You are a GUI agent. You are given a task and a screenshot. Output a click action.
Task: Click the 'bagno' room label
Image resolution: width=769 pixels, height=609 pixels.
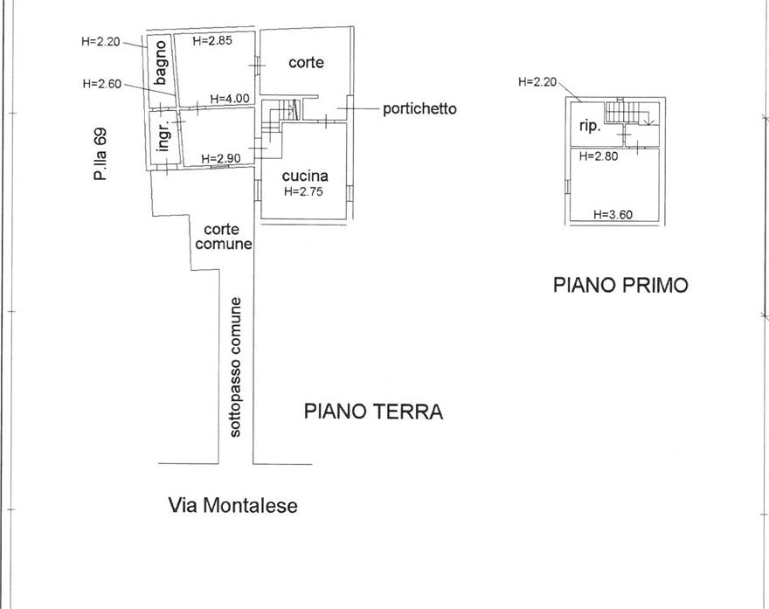[x=161, y=63]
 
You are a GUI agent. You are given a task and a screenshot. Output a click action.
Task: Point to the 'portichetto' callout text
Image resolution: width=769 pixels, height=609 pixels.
[x=419, y=109]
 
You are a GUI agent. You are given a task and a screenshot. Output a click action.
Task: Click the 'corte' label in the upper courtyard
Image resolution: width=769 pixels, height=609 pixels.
[x=306, y=63]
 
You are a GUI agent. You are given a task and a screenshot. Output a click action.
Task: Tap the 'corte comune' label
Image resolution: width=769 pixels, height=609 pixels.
[x=223, y=237]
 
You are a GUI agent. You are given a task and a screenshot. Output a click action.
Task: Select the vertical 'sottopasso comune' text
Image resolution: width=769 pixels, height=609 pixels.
[x=236, y=367]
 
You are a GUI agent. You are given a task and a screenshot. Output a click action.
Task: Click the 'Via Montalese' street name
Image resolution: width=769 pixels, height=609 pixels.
[x=232, y=505]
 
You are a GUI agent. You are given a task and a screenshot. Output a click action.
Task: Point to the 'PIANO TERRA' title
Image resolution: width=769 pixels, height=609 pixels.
[x=373, y=412]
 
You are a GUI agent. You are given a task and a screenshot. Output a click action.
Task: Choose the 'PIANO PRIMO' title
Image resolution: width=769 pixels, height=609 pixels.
[x=620, y=285]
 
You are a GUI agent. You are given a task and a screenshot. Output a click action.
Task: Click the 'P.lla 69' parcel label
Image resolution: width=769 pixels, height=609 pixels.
[x=100, y=154]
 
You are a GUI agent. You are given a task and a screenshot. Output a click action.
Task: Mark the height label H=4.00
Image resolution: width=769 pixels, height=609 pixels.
[x=229, y=99]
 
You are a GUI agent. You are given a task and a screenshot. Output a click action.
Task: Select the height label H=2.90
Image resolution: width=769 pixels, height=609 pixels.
[x=221, y=158]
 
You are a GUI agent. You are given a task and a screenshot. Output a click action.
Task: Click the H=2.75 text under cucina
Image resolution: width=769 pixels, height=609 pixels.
[x=303, y=191]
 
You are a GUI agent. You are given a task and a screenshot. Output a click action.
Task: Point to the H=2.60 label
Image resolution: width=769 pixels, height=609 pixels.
[x=101, y=84]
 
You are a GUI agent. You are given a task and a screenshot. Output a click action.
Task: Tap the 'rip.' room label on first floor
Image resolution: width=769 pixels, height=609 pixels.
[x=590, y=127]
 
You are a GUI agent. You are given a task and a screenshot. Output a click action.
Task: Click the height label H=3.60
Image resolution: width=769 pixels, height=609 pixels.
[x=613, y=213]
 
